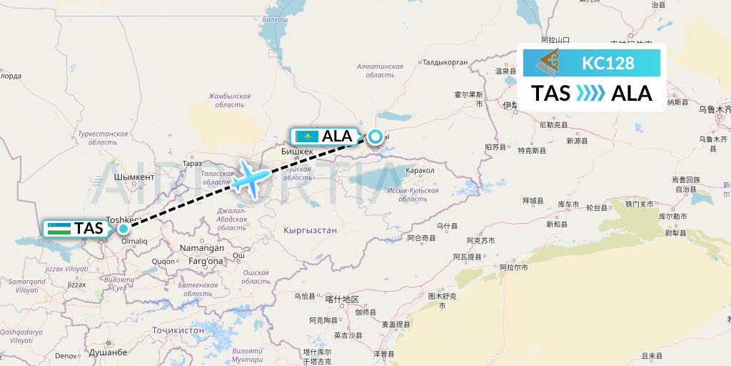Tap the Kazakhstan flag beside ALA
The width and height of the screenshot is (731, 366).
pos(306,136)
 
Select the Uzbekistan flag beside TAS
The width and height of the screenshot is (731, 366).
pos(60,229)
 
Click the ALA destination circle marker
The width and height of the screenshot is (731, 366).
pos(375,135)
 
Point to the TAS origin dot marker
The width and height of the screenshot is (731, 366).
pos(123,229)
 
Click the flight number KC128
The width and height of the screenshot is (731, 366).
pos(608,64)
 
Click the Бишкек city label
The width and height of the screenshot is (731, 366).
pos(298,152)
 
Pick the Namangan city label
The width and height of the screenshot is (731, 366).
pos(202,248)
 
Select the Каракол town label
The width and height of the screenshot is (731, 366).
pos(419,171)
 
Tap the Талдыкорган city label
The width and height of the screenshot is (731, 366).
pos(445,62)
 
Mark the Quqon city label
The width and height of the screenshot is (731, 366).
pos(164,262)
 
